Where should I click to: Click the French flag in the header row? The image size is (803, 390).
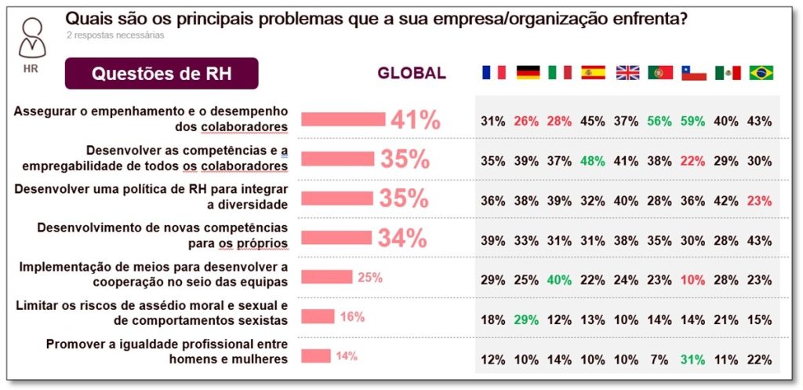[x=493, y=72]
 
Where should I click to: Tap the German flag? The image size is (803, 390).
[x=527, y=72]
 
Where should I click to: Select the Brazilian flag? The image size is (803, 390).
[x=761, y=72]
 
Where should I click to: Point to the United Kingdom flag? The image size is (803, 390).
[x=627, y=72]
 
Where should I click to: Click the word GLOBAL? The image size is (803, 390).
[x=412, y=74]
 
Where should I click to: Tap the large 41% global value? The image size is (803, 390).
[x=416, y=120]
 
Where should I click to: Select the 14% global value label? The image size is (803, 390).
[x=346, y=356]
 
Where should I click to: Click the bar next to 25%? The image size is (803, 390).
[x=327, y=276]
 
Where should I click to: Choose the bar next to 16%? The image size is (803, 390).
[x=318, y=316]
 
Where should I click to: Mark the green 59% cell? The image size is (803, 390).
[x=694, y=121]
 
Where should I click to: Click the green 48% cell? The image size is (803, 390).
[x=593, y=160]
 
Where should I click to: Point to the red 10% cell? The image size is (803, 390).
[x=694, y=278]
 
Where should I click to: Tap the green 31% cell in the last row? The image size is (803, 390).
[x=694, y=359]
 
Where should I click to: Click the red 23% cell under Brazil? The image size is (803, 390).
[x=760, y=200]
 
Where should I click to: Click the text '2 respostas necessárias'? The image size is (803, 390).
[x=115, y=35]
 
